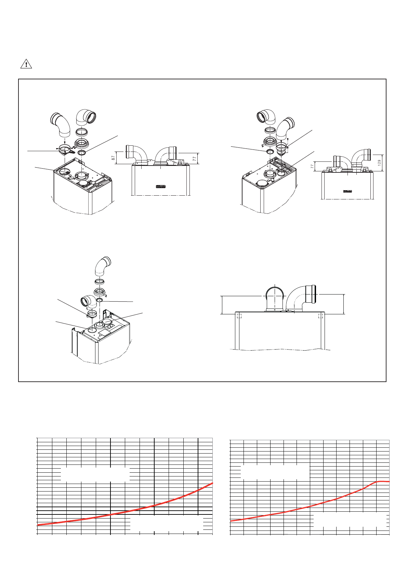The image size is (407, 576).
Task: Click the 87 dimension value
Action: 113,158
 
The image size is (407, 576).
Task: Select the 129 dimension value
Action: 380,162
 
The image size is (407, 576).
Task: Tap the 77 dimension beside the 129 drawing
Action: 312,166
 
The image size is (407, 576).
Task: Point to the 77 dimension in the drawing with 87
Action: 194,158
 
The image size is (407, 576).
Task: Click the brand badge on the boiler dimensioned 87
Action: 161,186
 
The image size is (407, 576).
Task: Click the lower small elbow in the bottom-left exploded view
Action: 88,302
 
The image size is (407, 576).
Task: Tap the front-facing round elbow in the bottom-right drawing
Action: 275,298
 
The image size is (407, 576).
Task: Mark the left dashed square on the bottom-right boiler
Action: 239,316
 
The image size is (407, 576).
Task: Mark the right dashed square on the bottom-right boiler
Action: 320,316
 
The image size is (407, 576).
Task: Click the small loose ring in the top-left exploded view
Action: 82,152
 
